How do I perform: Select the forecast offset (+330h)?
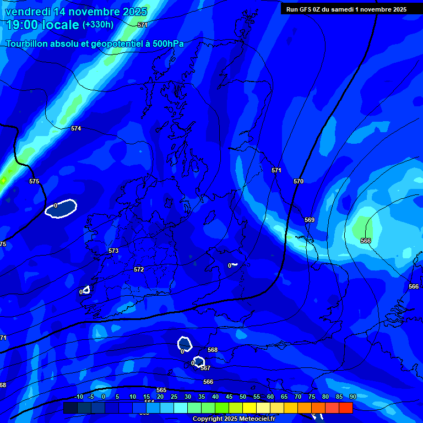tap(98, 25)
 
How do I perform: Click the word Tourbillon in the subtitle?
tap(28, 44)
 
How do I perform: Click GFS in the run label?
tap(306, 9)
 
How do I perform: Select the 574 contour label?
tap(76, 128)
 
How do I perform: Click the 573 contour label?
tap(113, 251)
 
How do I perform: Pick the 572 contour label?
tap(139, 269)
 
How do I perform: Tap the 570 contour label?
tap(299, 181)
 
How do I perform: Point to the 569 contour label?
tap(310, 220)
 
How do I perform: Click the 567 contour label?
tap(205, 368)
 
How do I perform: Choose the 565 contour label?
tap(161, 390)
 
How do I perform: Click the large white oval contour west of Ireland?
tap(61, 208)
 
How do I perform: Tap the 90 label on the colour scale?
tap(352, 397)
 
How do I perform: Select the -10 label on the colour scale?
tap(79, 397)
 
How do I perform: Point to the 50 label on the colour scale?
tap(242, 397)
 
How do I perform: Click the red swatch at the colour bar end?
tap(345, 408)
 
